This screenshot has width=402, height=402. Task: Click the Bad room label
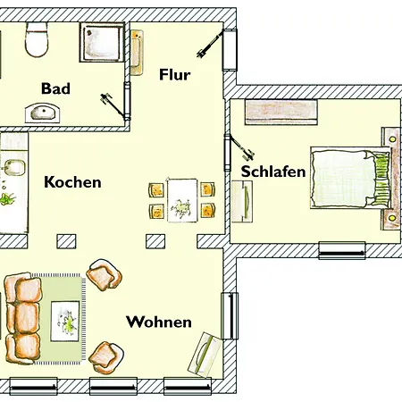click(x=55, y=88)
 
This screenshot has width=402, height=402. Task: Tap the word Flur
click(x=175, y=74)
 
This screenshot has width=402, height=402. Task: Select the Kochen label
click(x=72, y=182)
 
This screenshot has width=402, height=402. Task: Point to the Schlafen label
click(x=273, y=172)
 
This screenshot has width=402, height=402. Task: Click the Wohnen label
click(x=159, y=322)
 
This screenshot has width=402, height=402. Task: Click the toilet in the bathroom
click(x=37, y=39)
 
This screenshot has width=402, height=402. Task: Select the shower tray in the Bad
click(x=102, y=42)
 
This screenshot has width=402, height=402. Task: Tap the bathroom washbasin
click(x=42, y=113)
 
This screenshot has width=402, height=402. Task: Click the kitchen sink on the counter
click(x=14, y=167)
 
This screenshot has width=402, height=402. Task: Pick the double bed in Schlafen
click(x=350, y=178)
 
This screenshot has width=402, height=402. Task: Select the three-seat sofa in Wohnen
click(x=22, y=319)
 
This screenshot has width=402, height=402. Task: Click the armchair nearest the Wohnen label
click(x=106, y=357)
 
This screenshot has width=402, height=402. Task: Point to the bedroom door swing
click(x=240, y=147)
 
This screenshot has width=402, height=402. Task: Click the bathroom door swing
click(x=114, y=106)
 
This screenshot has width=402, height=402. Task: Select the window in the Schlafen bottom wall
click(x=342, y=251)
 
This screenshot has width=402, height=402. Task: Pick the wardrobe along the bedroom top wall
click(x=281, y=113)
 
